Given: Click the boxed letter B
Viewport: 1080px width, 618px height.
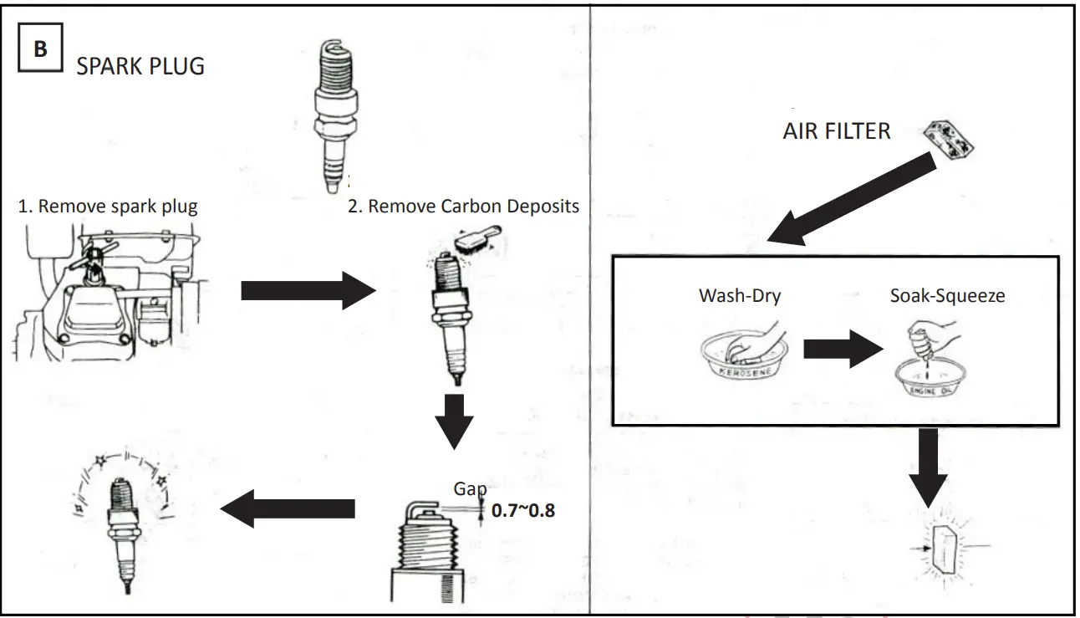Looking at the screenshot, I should click(40, 49).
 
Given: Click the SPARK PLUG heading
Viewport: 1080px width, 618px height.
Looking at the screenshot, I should click(140, 67).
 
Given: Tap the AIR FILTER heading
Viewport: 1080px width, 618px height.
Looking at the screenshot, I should click(836, 130).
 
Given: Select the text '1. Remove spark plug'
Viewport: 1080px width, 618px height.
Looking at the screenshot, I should click(108, 207).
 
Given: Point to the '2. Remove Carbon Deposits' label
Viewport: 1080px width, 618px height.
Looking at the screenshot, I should click(463, 207).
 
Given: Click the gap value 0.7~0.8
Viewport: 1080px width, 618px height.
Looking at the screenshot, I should click(523, 509).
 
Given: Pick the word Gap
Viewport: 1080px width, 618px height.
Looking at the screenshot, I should click(470, 488).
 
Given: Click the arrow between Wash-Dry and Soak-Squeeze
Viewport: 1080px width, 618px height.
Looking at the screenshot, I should click(838, 349).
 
